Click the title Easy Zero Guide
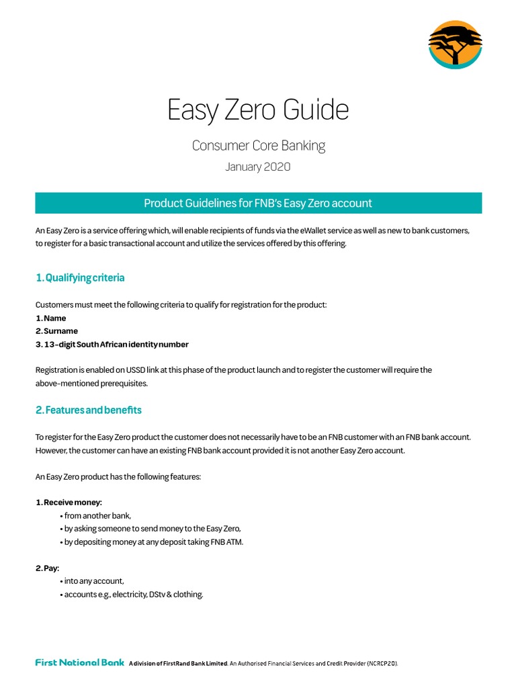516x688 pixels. point(258,110)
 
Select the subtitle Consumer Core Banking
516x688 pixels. point(258,145)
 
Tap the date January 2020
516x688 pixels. point(258,167)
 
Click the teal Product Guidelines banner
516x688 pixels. point(258,203)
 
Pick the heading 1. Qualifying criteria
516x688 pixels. point(80,277)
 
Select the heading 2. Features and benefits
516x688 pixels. point(89,410)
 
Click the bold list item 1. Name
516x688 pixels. point(50,318)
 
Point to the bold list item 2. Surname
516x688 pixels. point(56,331)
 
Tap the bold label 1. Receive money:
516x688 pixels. point(69,503)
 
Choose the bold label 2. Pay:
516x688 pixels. point(47,568)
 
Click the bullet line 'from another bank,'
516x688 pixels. point(97,515)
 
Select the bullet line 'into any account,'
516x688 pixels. point(94,581)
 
